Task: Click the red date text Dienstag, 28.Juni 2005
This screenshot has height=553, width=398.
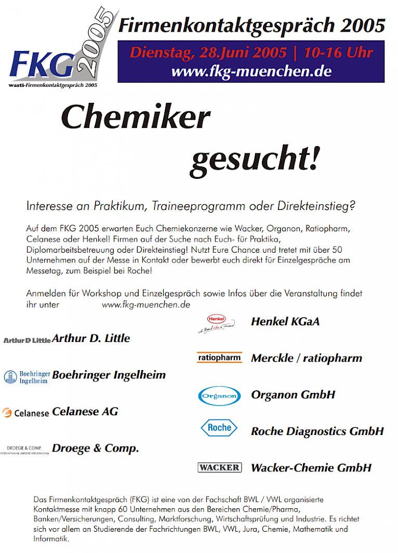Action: pos(208,52)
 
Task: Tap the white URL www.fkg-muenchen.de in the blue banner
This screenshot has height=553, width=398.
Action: pos(251,71)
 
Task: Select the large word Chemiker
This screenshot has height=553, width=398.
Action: pos(136,117)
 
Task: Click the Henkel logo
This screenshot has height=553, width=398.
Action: pos(216,323)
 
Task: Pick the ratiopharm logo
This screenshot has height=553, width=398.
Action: pos(219,358)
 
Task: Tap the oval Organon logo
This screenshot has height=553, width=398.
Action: pos(219,396)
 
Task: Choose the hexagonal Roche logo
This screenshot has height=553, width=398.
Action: pos(219,428)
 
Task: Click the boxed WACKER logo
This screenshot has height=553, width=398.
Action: pos(219,468)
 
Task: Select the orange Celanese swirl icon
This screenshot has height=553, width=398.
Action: pos(7,413)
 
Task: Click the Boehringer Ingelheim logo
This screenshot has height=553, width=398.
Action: pos(26,376)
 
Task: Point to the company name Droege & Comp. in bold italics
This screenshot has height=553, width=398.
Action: pos(96,448)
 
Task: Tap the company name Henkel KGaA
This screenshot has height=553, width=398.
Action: pos(285,322)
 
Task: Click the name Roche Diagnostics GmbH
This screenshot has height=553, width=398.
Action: pos(317,431)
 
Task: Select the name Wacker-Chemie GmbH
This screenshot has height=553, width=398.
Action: pos(311,468)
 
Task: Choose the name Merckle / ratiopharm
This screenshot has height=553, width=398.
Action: pos(306,358)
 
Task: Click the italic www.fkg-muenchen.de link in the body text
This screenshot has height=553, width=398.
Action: pos(145,305)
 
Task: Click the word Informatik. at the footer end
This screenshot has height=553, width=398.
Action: pos(51,539)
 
